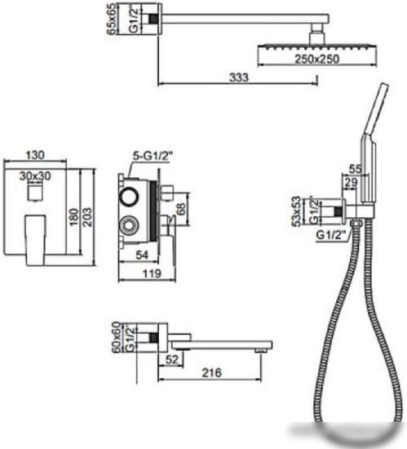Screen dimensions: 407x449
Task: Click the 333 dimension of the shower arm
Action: pos(239,78)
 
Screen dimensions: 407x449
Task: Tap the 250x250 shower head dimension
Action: pos(317,59)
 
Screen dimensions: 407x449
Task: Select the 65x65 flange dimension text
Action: pos(112,20)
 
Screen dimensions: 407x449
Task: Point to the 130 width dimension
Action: pos(35,155)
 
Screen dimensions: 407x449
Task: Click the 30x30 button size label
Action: pos(35,176)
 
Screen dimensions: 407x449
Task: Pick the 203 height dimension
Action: pos(87,217)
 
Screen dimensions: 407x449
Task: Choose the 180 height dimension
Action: pos(74,217)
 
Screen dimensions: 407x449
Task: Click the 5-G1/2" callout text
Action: pos(153,157)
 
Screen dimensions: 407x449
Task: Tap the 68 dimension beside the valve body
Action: pos(181,209)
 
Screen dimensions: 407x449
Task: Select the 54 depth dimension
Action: pos(142,255)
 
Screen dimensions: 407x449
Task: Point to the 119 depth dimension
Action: pos(152,273)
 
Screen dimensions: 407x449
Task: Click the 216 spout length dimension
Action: pos(212,372)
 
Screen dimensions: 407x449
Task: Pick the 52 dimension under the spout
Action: pos(172,359)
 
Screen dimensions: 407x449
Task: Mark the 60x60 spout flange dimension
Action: pos(116,336)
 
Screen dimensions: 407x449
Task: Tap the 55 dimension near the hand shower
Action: pos(356,169)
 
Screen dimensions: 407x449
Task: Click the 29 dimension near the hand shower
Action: pos(351,183)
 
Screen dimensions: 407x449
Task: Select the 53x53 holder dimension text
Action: pos(297,211)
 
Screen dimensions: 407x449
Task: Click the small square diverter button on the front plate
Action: pos(36,192)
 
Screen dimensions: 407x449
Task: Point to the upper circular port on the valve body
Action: pos(129,197)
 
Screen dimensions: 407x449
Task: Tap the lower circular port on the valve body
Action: pos(129,225)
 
